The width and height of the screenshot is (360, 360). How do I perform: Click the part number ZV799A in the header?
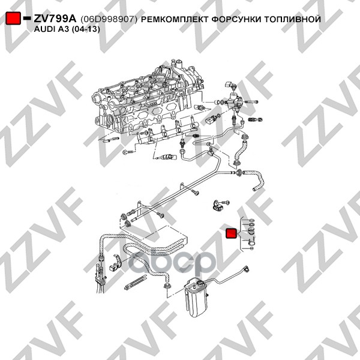pyautogui.click(x=55, y=19)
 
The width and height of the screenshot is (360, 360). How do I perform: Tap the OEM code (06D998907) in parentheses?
pyautogui.click(x=109, y=19)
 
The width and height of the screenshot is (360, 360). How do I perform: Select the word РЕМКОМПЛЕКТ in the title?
pyautogui.click(x=174, y=19)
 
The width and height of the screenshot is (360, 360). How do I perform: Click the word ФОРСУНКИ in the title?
pyautogui.click(x=236, y=19)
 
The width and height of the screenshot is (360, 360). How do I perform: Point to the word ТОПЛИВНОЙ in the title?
pyautogui.click(x=292, y=19)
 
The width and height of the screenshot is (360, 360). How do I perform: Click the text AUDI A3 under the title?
pyautogui.click(x=52, y=29)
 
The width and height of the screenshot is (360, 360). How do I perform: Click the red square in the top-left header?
pyautogui.click(x=13, y=19)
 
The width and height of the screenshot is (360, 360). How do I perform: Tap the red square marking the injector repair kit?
pyautogui.click(x=232, y=233)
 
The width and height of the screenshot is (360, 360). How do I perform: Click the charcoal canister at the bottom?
pyautogui.click(x=197, y=298)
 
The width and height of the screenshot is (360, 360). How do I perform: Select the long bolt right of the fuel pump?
pyautogui.click(x=251, y=102)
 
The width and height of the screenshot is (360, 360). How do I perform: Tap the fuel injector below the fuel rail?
pyautogui.click(x=166, y=157)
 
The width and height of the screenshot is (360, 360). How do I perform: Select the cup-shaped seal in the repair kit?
pyautogui.click(x=252, y=230)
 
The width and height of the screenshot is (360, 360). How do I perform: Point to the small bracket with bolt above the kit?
pyautogui.click(x=219, y=205)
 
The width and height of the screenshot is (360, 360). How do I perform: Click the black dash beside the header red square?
pyautogui.click(x=27, y=18)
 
